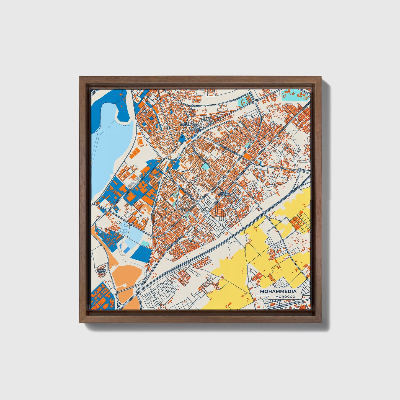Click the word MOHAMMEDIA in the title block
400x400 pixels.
278,291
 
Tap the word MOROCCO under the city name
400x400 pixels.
285,297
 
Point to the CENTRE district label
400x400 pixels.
184,124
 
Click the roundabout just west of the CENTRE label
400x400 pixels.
168,128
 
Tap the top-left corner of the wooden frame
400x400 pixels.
80,78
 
